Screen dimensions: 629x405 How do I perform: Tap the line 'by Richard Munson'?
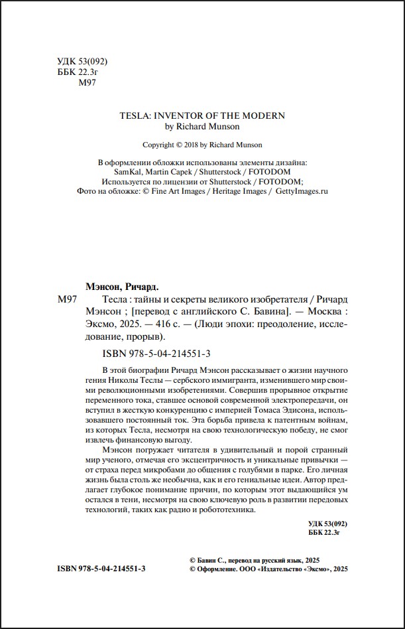202,126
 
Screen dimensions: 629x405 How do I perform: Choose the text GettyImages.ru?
302,190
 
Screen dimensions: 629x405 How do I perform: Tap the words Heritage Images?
239,190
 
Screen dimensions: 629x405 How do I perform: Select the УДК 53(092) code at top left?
78,62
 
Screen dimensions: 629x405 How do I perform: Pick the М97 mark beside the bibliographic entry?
68,301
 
